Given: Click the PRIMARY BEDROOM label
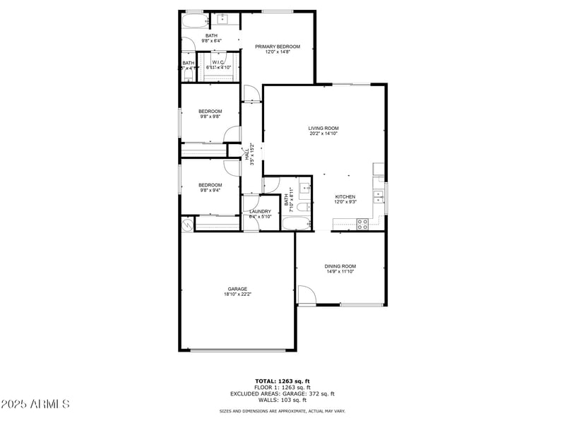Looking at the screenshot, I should pyautogui.click(x=278, y=47).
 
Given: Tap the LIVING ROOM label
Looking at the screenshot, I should pyautogui.click(x=323, y=128).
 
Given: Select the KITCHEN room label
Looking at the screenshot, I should pyautogui.click(x=345, y=196).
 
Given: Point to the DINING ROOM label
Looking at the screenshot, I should pyautogui.click(x=340, y=266).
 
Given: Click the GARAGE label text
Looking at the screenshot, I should pyautogui.click(x=237, y=289).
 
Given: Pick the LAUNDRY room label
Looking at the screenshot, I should pyautogui.click(x=260, y=211).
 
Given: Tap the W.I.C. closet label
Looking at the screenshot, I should pyautogui.click(x=218, y=62).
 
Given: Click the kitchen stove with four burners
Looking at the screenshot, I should pyautogui.click(x=362, y=224).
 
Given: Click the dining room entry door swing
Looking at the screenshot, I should pyautogui.click(x=305, y=295).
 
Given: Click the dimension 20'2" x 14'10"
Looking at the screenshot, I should pyautogui.click(x=323, y=133).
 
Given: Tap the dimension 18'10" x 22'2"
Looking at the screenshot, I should pyautogui.click(x=237, y=294).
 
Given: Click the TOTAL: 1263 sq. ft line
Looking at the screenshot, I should pyautogui.click(x=282, y=381).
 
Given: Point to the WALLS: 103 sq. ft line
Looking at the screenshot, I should pyautogui.click(x=282, y=400).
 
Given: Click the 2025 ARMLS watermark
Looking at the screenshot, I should pyautogui.click(x=35, y=404).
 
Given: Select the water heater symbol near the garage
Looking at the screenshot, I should pyautogui.click(x=187, y=224).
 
